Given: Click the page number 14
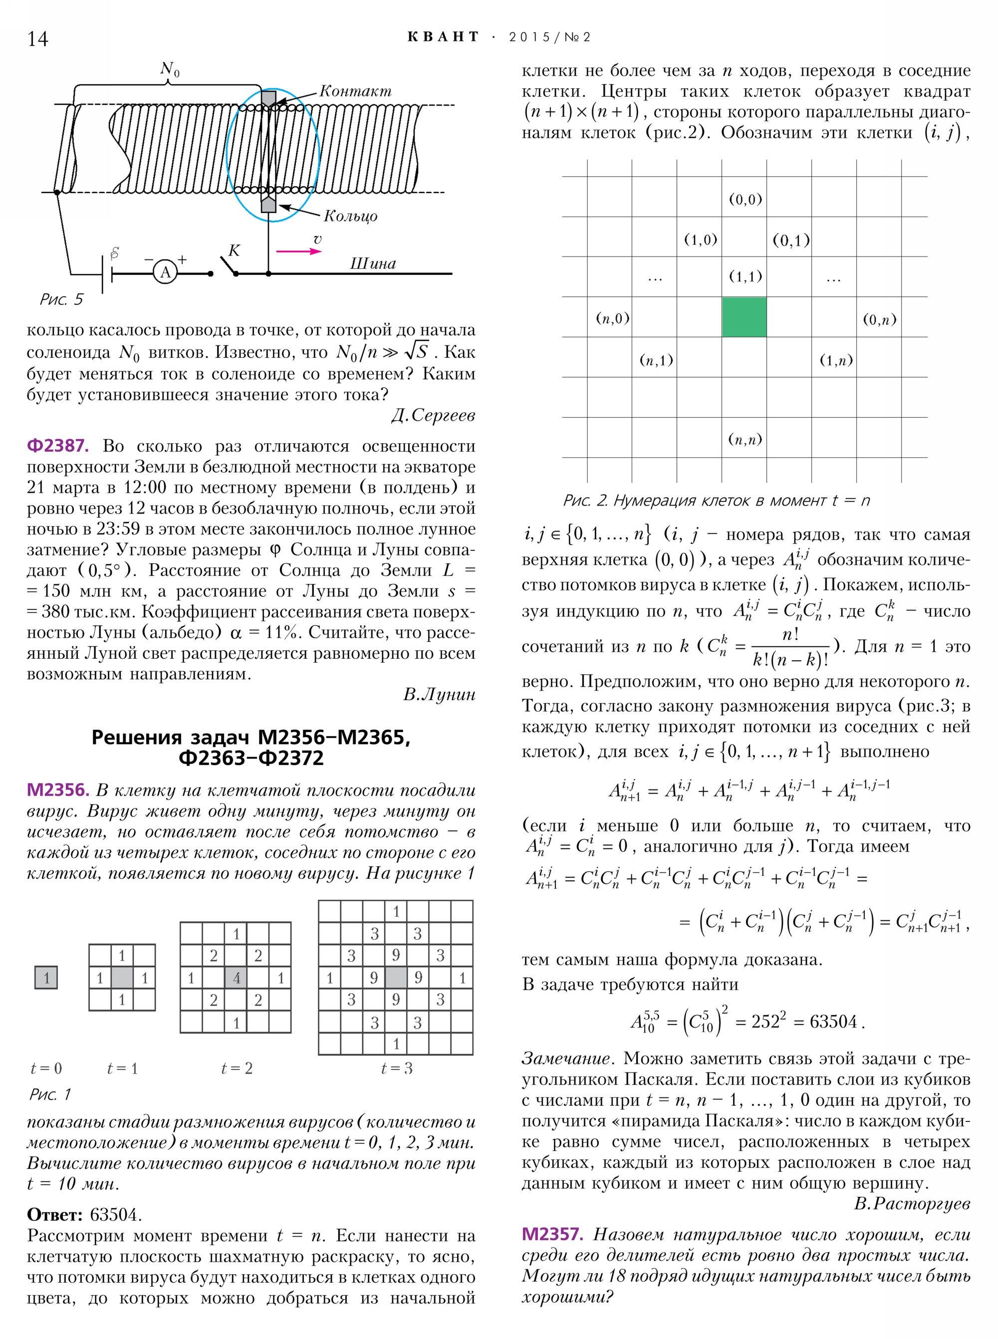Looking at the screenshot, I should tap(37, 38).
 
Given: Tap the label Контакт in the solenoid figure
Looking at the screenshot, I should tap(355, 91).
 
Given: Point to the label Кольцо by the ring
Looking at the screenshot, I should tap(350, 216).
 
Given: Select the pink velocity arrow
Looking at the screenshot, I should tap(298, 251).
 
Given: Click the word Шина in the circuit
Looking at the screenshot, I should tap(373, 264).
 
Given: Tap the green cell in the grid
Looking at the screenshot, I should tap(745, 316).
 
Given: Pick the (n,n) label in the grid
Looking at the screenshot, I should tap(745, 439).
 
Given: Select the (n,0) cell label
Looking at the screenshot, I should tap(613, 318).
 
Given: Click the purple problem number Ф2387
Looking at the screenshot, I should tap(57, 446).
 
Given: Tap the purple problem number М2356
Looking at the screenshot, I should tap(58, 790).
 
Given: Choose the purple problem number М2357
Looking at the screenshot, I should tap(552, 1234).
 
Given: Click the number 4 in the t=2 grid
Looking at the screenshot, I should tap(236, 978).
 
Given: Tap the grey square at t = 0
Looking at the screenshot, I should tap(46, 977).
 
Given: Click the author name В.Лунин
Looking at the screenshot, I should tap(439, 694).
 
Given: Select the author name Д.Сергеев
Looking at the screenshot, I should tap(433, 415).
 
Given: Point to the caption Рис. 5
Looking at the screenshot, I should tap(61, 299).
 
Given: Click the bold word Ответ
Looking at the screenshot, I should tap(54, 1215).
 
